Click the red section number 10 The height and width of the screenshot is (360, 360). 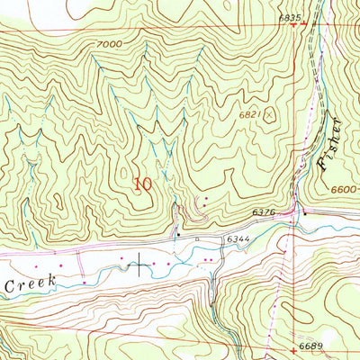pyautogui.click(x=142, y=184)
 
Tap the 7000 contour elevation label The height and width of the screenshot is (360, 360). pyautogui.click(x=106, y=43)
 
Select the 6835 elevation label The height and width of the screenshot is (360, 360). pyautogui.click(x=289, y=17)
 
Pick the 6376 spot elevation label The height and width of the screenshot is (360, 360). pyautogui.click(x=263, y=212)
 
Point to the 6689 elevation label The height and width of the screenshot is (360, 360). pyautogui.click(x=311, y=346)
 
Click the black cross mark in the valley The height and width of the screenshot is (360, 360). pyautogui.click(x=140, y=264)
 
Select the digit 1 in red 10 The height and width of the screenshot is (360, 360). pyautogui.click(x=137, y=184)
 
